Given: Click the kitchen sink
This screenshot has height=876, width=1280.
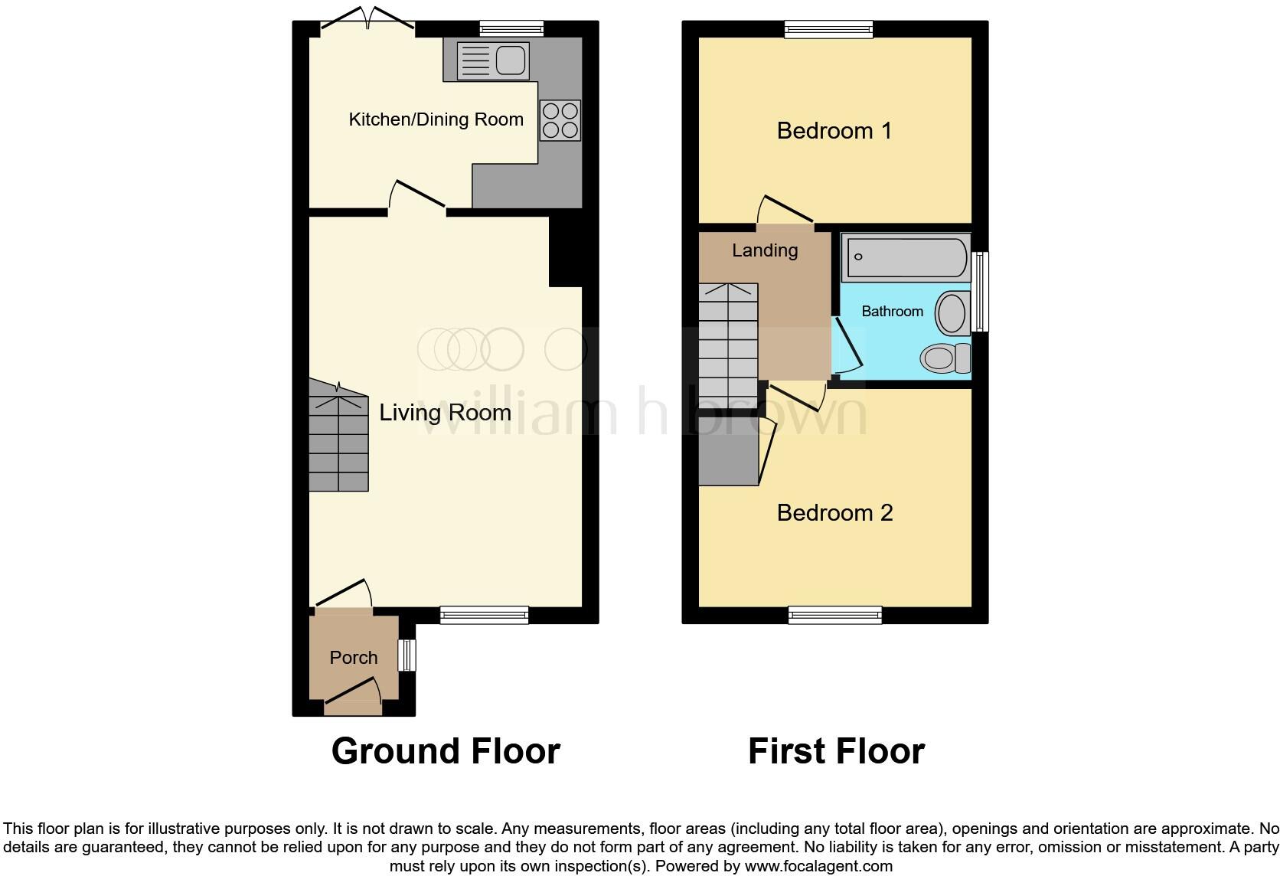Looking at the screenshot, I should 493,60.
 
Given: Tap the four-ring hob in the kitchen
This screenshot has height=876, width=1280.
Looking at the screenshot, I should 560,121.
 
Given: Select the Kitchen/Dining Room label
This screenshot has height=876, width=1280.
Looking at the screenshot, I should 436,119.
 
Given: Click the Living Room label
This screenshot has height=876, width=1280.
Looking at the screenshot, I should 445,413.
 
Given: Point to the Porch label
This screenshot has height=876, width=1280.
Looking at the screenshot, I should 354,658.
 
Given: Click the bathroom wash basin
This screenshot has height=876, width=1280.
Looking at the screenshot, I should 952,313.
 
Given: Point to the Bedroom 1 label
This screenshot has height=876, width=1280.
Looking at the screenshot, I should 834,131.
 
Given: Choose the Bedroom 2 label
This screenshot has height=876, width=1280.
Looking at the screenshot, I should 834,512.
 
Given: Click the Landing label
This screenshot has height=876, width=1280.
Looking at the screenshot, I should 765,250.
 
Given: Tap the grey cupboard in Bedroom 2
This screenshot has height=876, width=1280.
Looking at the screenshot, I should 728,460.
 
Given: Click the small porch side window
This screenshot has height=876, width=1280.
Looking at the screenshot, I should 407,655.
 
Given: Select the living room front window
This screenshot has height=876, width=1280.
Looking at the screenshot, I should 484,615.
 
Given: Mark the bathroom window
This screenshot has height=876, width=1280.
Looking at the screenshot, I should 979,292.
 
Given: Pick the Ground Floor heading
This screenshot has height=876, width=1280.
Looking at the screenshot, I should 446,751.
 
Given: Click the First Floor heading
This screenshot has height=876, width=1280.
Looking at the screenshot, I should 836,751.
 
